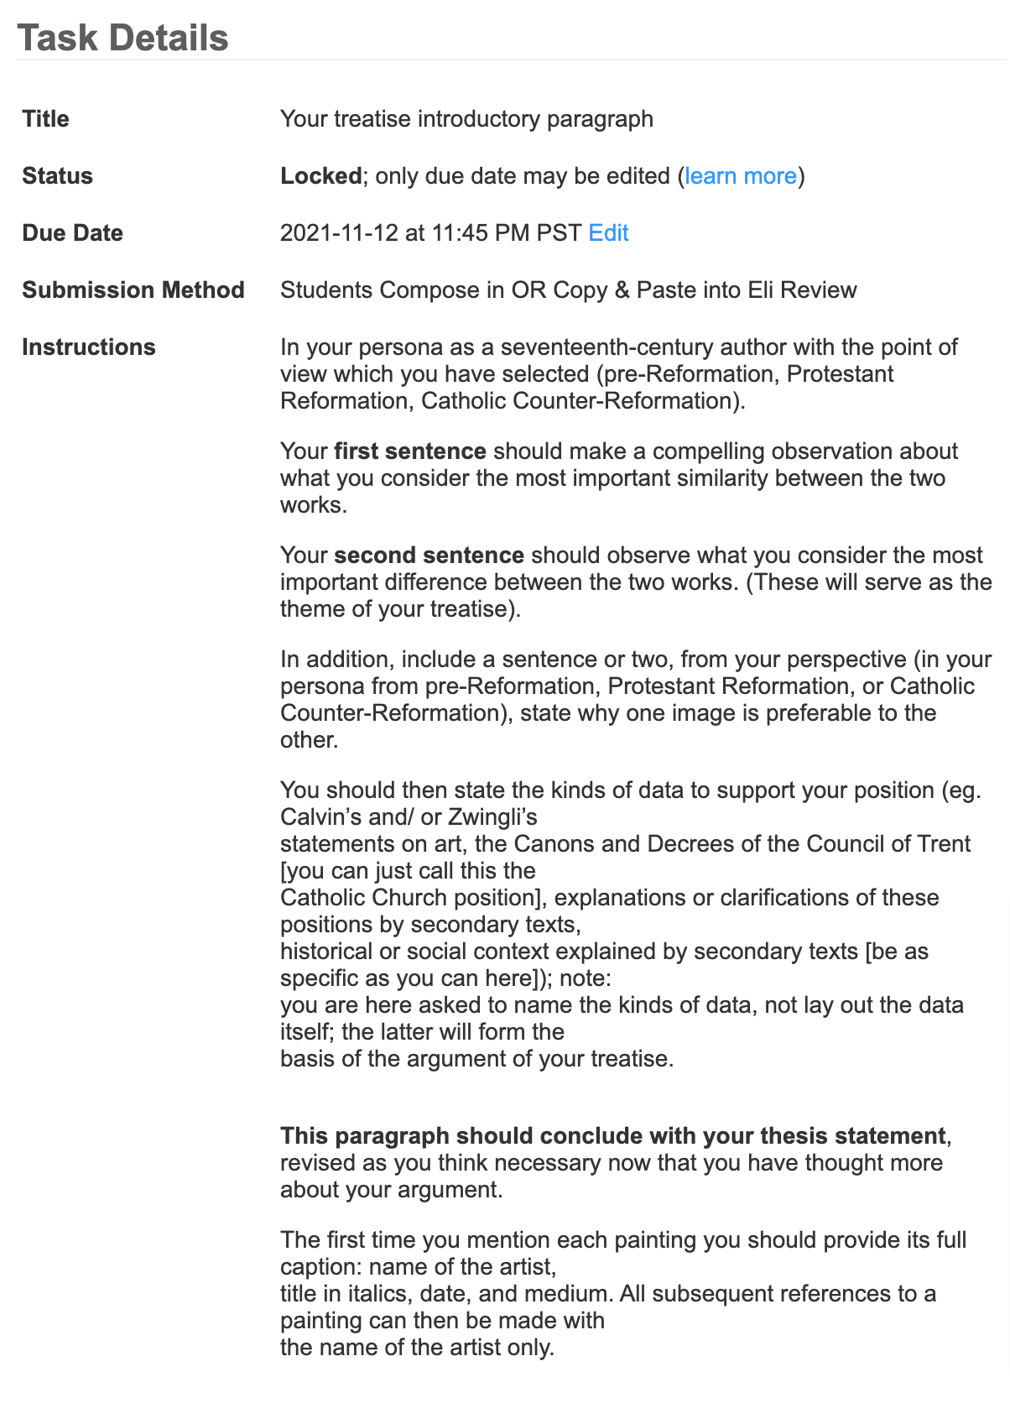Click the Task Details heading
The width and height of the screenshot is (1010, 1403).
coord(122,39)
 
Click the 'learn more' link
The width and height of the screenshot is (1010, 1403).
coord(741,176)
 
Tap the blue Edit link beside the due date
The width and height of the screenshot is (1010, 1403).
coord(608,233)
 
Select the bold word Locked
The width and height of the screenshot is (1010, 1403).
coord(320,176)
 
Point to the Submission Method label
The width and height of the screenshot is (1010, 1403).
coord(133,290)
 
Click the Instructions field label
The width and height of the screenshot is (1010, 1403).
coord(89,347)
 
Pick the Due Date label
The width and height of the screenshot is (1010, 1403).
coord(72,233)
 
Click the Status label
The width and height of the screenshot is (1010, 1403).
coord(57,176)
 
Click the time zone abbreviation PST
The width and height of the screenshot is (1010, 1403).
coord(559,233)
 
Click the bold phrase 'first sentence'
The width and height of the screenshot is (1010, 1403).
coord(410,451)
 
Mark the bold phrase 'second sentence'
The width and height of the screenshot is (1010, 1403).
coord(429,555)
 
